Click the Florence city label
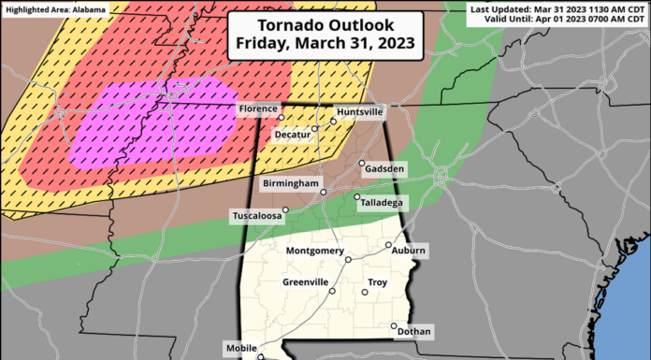tap(258, 109)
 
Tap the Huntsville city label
tap(360, 111)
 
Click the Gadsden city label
tap(385, 168)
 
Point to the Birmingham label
tap(291, 184)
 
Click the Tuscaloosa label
tap(260, 217)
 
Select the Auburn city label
tap(409, 251)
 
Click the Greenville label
tap(305, 281)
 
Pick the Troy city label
tap(378, 281)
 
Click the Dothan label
tap(413, 331)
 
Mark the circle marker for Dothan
tap(392, 326)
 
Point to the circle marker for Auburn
tap(388, 246)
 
